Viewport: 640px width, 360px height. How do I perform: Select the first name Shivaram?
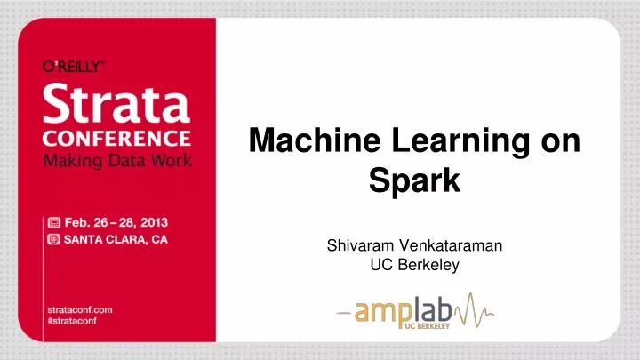pos(360,245)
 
